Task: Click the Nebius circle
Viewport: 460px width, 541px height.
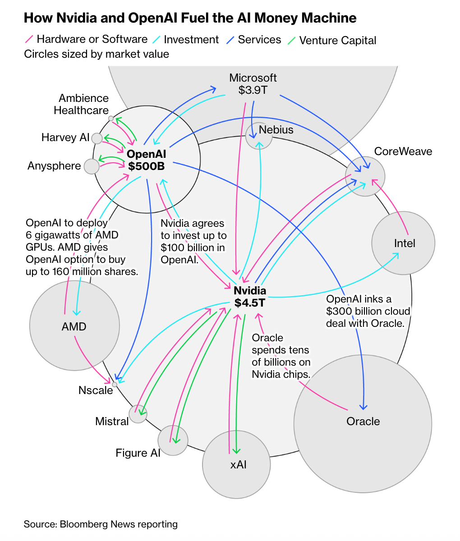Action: point(259,136)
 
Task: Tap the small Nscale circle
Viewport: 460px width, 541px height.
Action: point(115,385)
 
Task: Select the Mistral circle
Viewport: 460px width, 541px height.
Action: point(138,414)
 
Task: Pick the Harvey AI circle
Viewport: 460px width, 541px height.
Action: point(97,138)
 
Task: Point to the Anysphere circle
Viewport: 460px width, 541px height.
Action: point(92,166)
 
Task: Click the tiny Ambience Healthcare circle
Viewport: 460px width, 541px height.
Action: point(111,118)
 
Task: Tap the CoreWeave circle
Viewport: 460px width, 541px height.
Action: point(365,176)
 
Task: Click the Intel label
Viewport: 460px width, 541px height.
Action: point(405,243)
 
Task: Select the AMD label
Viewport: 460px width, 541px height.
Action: point(74,326)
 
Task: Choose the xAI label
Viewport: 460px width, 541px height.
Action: point(238,464)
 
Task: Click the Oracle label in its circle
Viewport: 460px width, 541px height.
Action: point(363,422)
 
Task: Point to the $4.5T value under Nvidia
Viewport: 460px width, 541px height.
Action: point(249,303)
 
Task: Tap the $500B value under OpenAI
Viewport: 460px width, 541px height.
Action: point(146,166)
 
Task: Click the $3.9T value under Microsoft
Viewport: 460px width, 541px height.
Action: point(253,90)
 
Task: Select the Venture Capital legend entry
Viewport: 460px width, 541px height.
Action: point(337,40)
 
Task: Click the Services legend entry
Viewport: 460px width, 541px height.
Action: point(259,40)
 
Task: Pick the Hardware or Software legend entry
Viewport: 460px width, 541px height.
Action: point(92,39)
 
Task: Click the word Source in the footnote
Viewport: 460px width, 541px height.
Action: point(39,524)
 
